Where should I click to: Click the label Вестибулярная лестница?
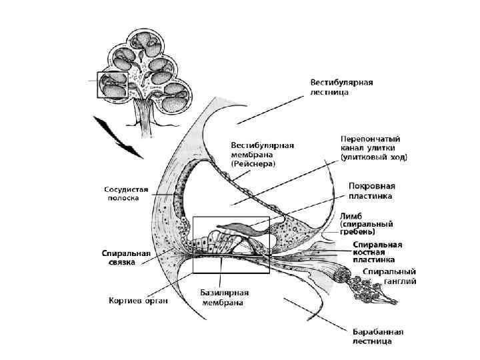341,87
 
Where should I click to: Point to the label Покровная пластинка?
371,191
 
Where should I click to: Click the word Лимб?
351,216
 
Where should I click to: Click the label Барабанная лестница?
379,336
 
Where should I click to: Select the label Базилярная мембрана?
225,297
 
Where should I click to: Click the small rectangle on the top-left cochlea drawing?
111,85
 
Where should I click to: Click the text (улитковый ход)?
374,158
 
